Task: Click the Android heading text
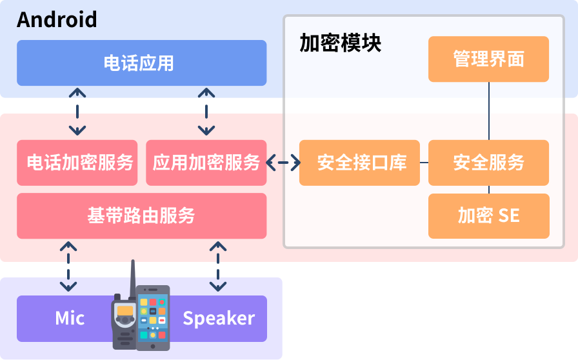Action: click(x=57, y=19)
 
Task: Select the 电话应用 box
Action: click(x=141, y=63)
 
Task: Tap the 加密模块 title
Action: click(x=340, y=43)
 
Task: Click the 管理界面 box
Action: click(x=488, y=59)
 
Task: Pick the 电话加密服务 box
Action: click(x=77, y=163)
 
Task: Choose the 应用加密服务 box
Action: click(x=206, y=163)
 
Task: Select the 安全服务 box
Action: click(x=488, y=163)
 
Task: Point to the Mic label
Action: click(x=70, y=318)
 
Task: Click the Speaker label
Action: click(x=219, y=318)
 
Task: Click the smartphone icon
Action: click(x=153, y=317)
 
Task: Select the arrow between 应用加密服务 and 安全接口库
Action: click(x=283, y=163)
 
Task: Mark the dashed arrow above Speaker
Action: click(x=218, y=266)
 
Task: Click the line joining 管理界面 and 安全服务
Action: click(x=488, y=111)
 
